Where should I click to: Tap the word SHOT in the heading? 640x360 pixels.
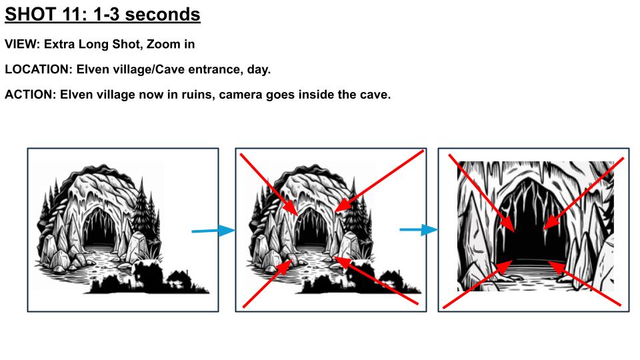pos(31,14)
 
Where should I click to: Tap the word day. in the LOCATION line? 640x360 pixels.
pos(259,69)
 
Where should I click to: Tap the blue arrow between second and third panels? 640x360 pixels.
pos(419,230)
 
